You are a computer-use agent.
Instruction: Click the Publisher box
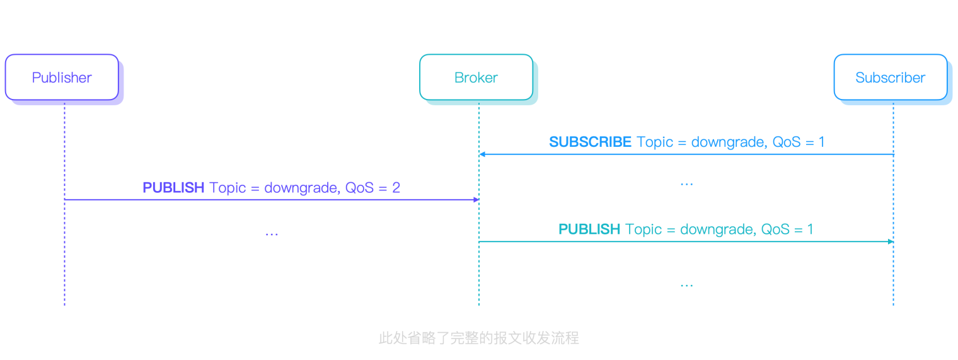click(62, 78)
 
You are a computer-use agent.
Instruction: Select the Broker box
click(476, 78)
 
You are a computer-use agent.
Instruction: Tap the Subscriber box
click(890, 78)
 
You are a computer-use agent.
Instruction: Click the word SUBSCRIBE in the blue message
click(590, 142)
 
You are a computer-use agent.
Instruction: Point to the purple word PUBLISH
click(173, 188)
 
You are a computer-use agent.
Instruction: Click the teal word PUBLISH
click(589, 229)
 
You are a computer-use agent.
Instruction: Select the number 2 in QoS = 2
click(396, 188)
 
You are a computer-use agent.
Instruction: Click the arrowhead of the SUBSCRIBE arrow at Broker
click(482, 154)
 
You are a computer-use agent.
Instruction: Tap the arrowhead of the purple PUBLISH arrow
click(476, 200)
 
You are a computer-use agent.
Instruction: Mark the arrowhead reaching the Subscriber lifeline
click(891, 241)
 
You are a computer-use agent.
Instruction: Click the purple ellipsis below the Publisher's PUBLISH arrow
click(272, 234)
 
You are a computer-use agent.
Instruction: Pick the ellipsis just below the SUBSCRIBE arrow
click(686, 184)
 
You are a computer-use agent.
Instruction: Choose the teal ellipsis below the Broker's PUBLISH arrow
click(686, 285)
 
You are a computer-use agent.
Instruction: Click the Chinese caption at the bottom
click(478, 338)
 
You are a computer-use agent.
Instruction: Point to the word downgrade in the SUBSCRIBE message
click(728, 142)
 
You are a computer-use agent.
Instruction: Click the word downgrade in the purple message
click(301, 188)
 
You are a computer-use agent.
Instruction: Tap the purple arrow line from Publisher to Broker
click(271, 200)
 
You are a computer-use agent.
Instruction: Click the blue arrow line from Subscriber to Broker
click(687, 154)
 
